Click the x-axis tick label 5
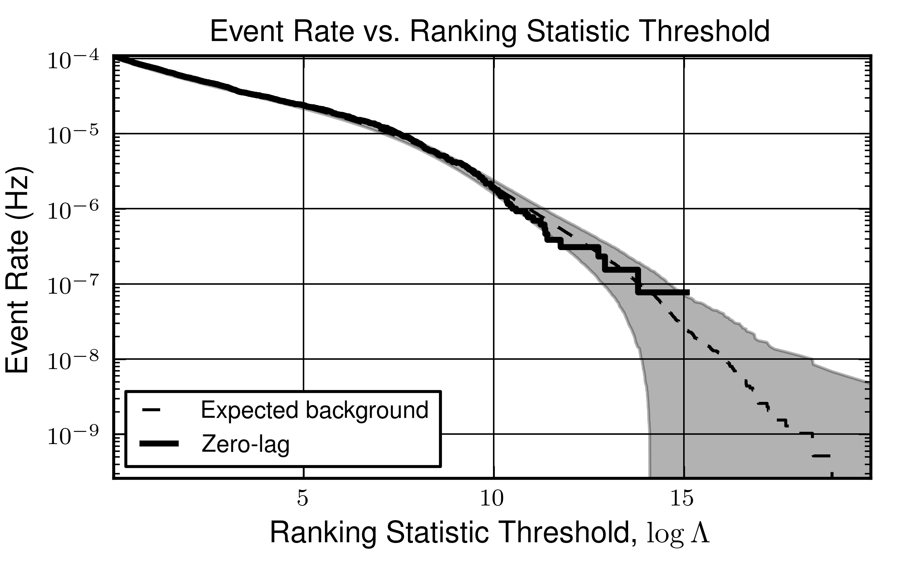pos(303,499)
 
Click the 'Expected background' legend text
pos(315,410)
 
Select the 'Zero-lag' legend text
pos(246,444)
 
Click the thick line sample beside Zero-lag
pos(159,443)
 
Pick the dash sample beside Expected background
pos(151,410)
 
